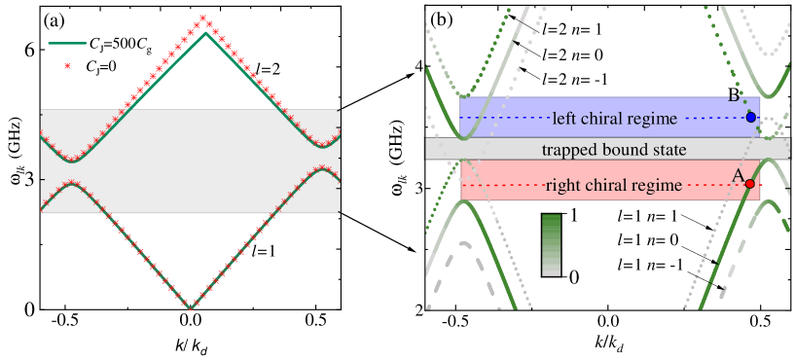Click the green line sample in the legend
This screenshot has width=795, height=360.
(x=67, y=43)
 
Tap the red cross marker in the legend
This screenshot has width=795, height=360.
(x=67, y=66)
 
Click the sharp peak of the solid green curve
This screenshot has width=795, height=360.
(x=204, y=34)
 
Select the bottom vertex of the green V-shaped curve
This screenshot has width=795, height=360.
(x=190, y=307)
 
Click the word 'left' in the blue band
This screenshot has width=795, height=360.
(x=563, y=119)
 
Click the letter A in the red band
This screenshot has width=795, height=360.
(x=739, y=176)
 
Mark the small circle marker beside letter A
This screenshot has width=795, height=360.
(x=749, y=183)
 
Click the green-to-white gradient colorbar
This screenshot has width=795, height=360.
(x=551, y=244)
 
